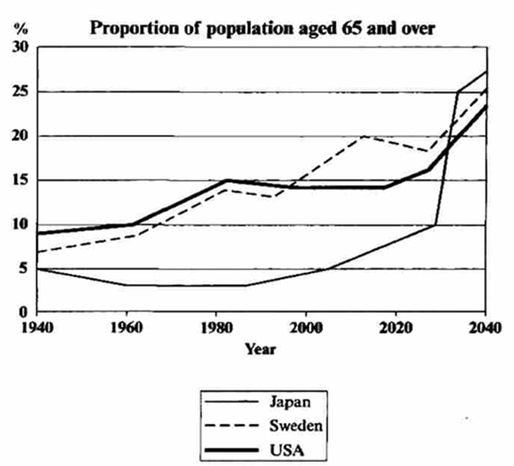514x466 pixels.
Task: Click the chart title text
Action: (262, 29)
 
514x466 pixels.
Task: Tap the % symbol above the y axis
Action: (20, 30)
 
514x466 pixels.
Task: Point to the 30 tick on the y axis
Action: (20, 48)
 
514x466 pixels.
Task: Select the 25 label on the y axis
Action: (20, 92)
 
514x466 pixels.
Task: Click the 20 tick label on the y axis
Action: (20, 136)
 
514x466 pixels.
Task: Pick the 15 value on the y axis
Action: (20, 180)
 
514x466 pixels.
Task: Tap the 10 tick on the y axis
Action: (20, 225)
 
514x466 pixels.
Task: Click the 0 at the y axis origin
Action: (23, 312)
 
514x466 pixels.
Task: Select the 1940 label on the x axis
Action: (37, 328)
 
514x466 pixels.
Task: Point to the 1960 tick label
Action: (126, 328)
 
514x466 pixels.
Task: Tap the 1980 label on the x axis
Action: (216, 328)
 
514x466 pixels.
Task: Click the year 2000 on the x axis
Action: (306, 328)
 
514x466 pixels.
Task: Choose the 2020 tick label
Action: (396, 328)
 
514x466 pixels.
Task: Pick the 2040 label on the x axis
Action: (485, 328)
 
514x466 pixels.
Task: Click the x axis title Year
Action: (261, 349)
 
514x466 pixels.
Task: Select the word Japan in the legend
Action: (290, 402)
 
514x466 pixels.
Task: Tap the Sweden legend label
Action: (296, 426)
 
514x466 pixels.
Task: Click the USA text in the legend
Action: (286, 451)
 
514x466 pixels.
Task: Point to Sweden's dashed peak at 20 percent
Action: (364, 135)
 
